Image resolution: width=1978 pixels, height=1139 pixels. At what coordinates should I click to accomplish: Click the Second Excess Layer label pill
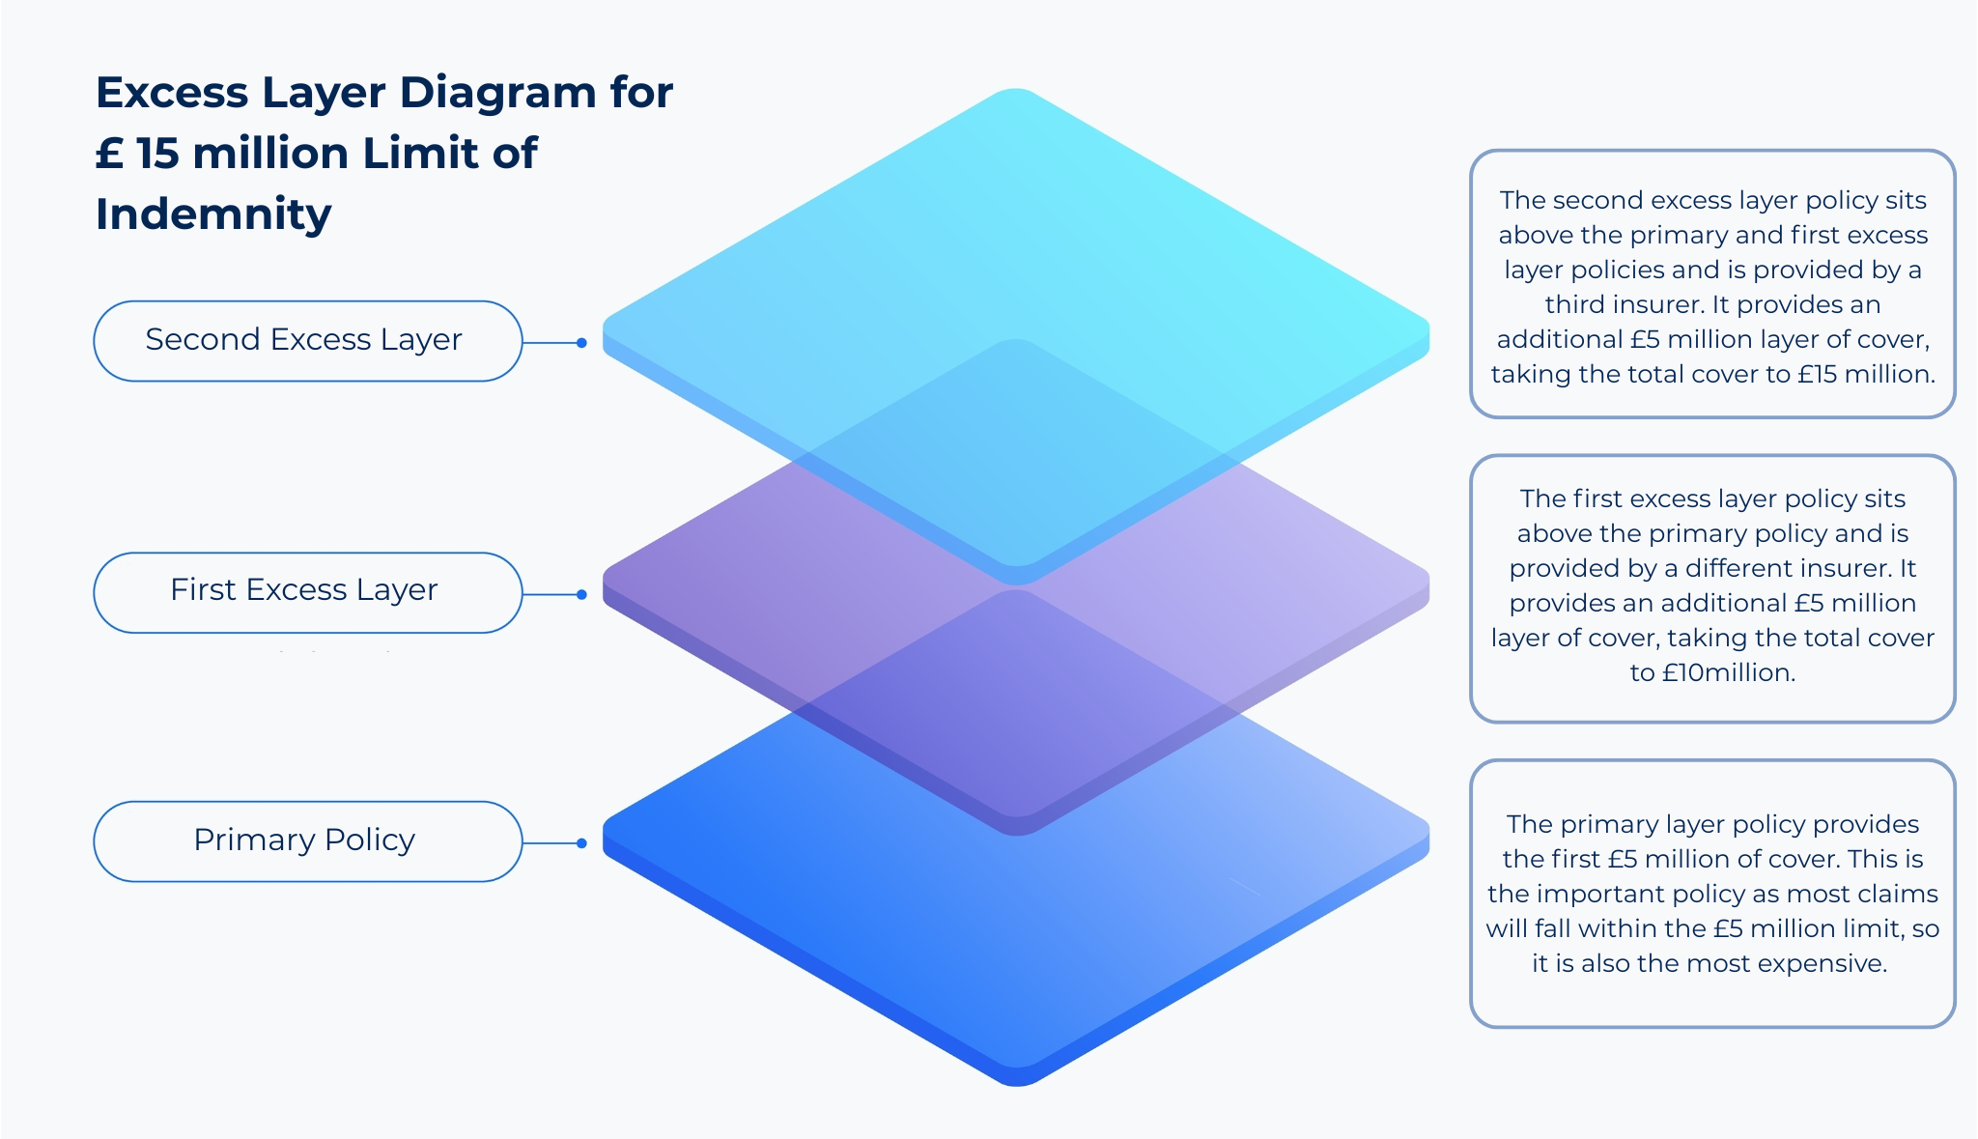coord(308,341)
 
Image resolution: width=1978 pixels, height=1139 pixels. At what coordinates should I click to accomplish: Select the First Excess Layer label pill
coord(308,593)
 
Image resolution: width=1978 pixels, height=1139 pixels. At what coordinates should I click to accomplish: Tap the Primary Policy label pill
coord(308,841)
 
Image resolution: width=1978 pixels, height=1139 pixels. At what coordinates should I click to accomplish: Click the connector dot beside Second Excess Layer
coord(581,343)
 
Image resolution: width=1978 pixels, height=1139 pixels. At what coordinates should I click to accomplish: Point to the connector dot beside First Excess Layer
coord(581,594)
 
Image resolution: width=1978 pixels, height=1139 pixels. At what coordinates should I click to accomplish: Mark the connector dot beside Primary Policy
coord(581,843)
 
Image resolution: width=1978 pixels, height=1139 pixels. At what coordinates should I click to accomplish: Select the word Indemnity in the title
coord(213,214)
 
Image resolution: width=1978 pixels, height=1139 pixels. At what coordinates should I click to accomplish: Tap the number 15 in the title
coord(157,154)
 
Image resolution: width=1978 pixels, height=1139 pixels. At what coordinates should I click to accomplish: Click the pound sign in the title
coord(109,154)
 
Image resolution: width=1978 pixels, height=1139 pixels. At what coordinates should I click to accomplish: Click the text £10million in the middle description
coord(1729,672)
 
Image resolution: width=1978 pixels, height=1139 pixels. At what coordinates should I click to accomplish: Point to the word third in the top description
coord(1575,304)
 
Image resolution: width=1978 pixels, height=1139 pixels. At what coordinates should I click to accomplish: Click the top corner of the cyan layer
coord(1016,90)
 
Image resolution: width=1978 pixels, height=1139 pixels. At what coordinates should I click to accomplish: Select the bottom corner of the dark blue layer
coord(1017,1085)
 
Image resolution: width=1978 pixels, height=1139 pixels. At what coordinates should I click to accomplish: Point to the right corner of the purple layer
coord(1427,585)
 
